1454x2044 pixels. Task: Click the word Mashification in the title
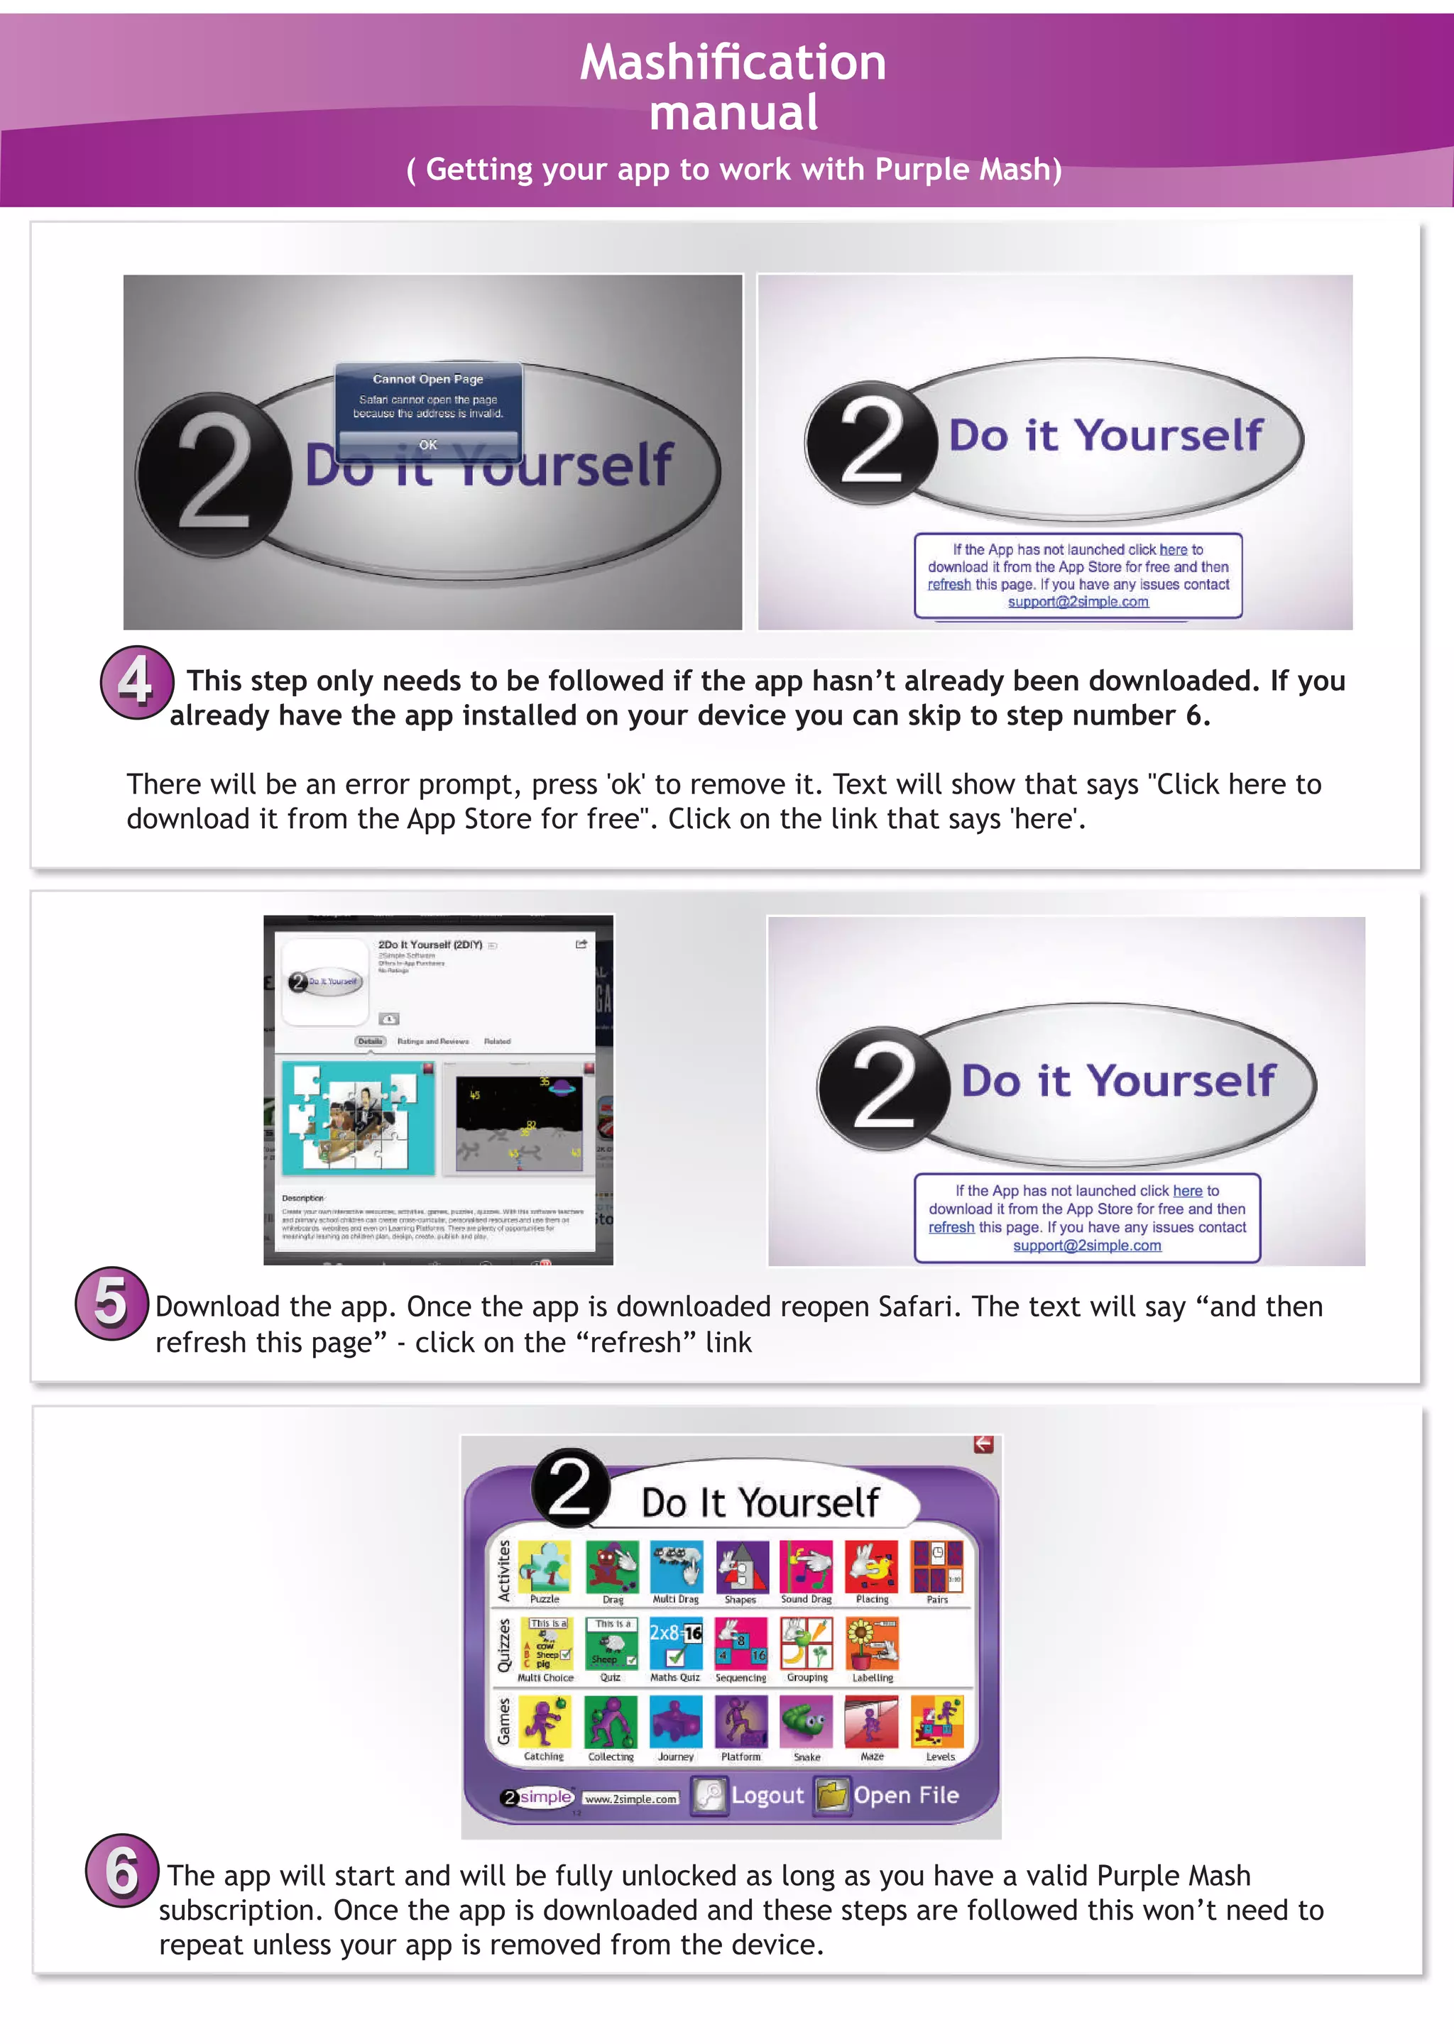733,62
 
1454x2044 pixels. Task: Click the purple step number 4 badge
136,682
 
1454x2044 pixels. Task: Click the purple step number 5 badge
111,1302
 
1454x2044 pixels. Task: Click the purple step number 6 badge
122,1869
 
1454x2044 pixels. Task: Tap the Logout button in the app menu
750,1795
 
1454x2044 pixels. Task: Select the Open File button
888,1795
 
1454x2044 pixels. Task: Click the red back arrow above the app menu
983,1444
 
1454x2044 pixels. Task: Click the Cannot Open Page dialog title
428,378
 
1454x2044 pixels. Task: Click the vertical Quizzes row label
504,1645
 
